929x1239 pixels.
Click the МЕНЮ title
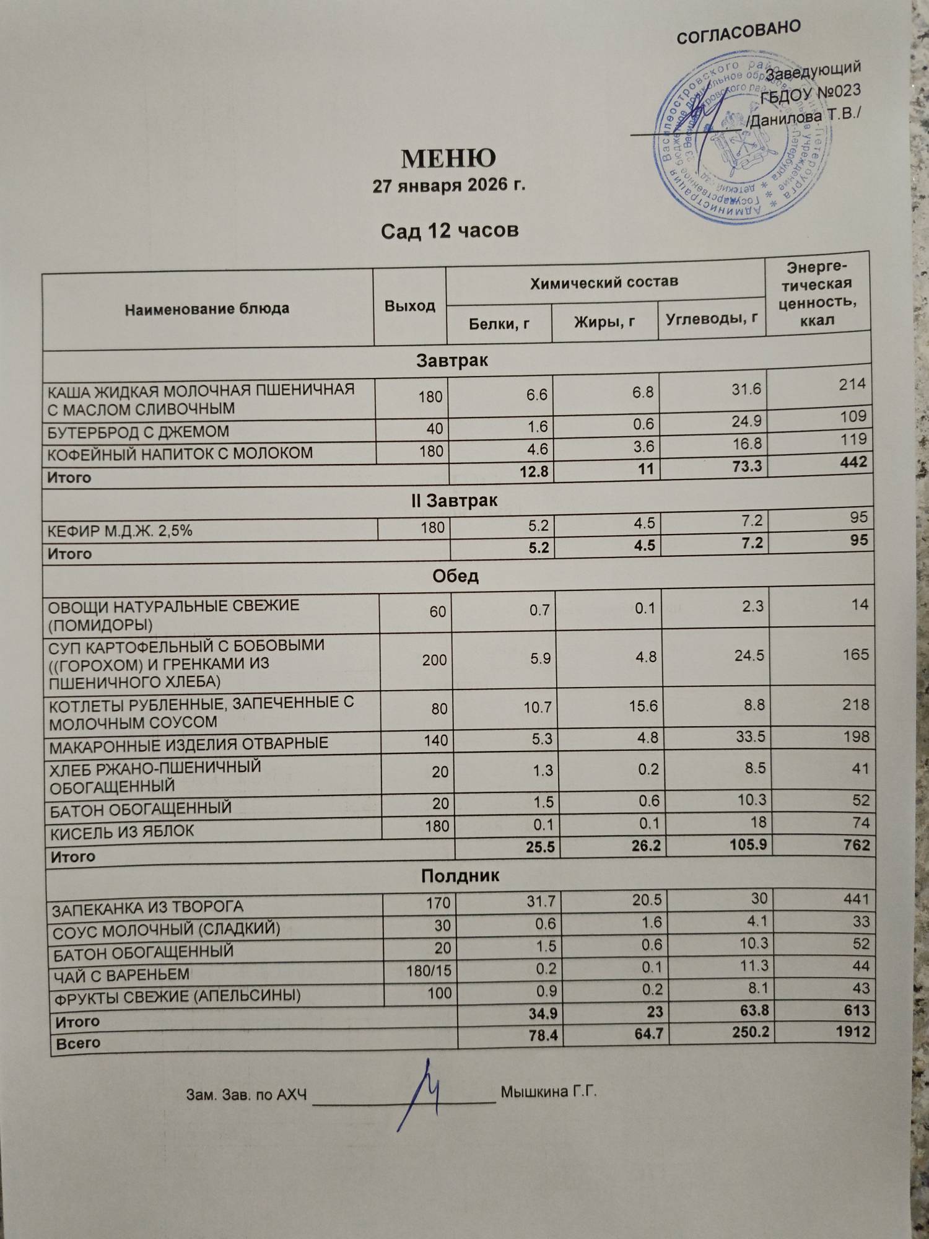click(x=448, y=159)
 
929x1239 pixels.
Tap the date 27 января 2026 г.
click(x=448, y=185)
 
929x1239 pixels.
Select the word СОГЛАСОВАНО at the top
click(x=738, y=32)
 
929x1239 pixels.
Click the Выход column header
click(x=409, y=306)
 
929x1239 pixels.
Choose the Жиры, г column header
click(x=604, y=322)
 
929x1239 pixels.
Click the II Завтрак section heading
click(x=454, y=501)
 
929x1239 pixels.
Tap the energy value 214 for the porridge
click(x=852, y=385)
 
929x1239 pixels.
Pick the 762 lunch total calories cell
click(x=856, y=845)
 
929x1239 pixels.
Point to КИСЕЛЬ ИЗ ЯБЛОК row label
click(x=123, y=832)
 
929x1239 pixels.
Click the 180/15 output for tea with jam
click(x=429, y=971)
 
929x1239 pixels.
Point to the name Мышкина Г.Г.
click(x=548, y=1092)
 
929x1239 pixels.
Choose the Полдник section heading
click(x=460, y=876)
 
